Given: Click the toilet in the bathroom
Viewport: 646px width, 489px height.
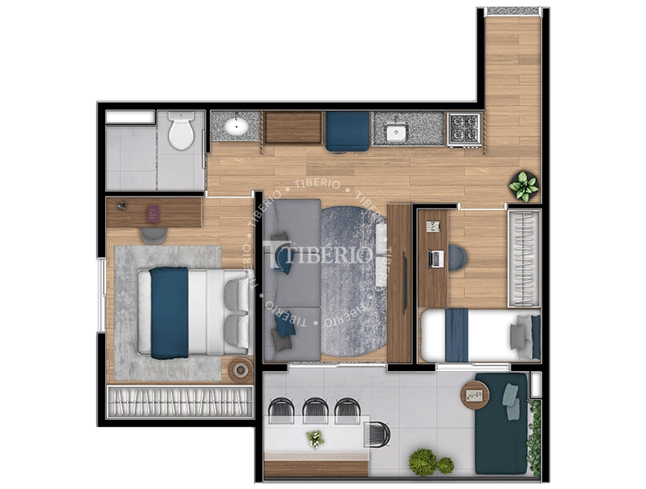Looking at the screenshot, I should click(x=181, y=131).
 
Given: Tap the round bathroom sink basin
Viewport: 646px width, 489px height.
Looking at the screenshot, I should click(x=236, y=127).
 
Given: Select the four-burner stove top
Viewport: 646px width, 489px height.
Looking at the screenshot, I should click(x=464, y=128).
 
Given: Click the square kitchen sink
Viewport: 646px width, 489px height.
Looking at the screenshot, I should click(x=395, y=130).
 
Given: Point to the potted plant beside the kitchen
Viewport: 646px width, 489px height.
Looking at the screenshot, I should click(x=524, y=186).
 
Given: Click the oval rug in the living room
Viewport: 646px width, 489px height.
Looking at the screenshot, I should click(x=354, y=281).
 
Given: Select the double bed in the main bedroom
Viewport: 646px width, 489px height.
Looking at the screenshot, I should click(x=193, y=312).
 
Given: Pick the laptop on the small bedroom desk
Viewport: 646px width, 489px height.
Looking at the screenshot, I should click(x=436, y=259).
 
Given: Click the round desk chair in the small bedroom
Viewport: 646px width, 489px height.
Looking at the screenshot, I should click(x=457, y=257).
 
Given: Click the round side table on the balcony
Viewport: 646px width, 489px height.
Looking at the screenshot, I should click(x=475, y=395).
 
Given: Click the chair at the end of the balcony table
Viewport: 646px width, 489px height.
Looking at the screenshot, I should click(x=376, y=434).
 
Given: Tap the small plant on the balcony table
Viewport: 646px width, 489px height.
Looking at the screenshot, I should click(x=315, y=438).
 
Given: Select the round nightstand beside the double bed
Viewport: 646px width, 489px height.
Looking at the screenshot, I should click(x=239, y=369).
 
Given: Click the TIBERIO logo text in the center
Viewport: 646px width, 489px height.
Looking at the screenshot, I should click(x=329, y=255).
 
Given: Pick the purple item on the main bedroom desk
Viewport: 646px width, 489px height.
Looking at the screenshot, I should click(x=153, y=213).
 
